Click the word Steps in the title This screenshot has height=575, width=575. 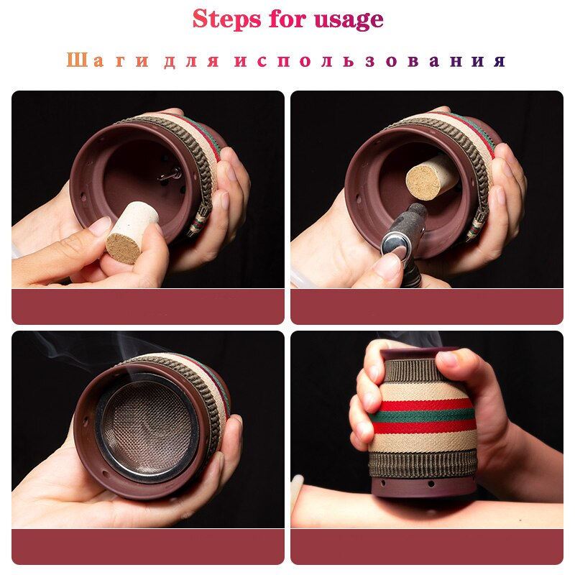coord(226,19)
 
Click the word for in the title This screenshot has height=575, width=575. coord(287,19)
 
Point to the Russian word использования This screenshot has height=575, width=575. coord(370,60)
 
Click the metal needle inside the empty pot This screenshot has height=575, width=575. coord(170,175)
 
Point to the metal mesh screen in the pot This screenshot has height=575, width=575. coord(147,428)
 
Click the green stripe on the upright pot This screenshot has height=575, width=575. coord(422,416)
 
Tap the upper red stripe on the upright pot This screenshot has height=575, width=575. coord(425,405)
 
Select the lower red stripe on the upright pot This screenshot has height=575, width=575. coord(424,427)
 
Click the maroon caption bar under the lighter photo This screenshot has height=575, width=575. coord(427,307)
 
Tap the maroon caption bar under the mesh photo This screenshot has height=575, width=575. coord(148,547)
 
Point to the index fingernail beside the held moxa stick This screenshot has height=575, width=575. coord(99,226)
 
